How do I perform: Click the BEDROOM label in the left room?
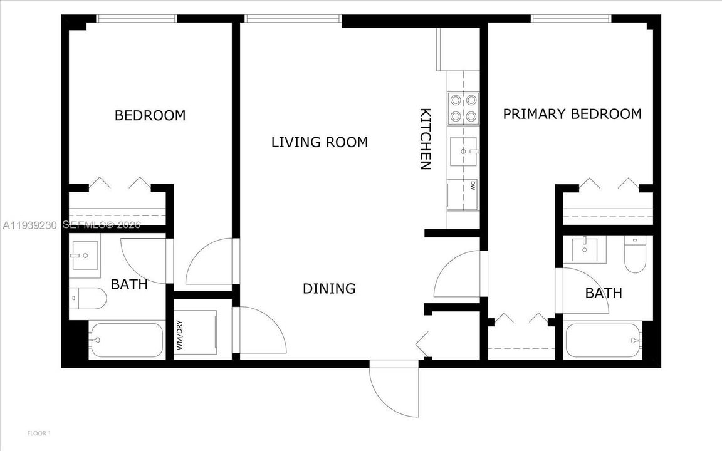pyautogui.click(x=150, y=116)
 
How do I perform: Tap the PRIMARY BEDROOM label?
pyautogui.click(x=572, y=114)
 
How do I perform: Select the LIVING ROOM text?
pyautogui.click(x=319, y=142)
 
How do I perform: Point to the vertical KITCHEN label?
pyautogui.click(x=425, y=139)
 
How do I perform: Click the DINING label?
pyautogui.click(x=329, y=289)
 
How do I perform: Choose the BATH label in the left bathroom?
pyautogui.click(x=129, y=284)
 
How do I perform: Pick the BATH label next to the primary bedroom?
pyautogui.click(x=604, y=293)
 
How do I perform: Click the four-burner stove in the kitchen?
pyautogui.click(x=463, y=107)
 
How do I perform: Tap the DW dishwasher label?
pyautogui.click(x=472, y=185)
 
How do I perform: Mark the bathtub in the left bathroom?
pyautogui.click(x=125, y=341)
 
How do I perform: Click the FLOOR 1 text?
pyautogui.click(x=39, y=433)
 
